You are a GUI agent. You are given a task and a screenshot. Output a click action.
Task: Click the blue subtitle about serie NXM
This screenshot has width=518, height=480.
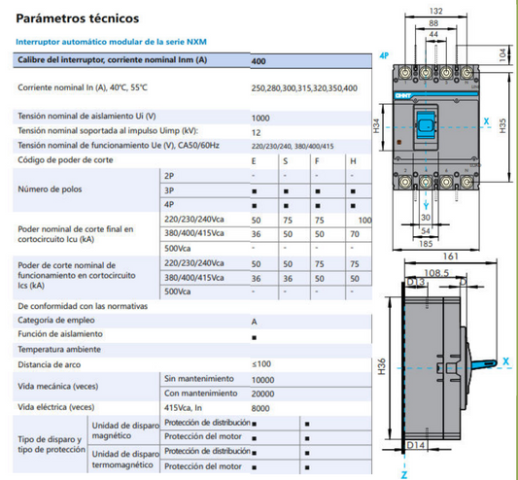(x=112, y=42)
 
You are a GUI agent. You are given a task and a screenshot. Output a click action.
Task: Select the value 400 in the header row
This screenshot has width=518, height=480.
(x=259, y=61)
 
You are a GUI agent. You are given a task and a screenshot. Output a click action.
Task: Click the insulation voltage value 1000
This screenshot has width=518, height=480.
(x=260, y=117)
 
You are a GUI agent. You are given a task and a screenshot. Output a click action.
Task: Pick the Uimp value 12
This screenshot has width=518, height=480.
(x=256, y=131)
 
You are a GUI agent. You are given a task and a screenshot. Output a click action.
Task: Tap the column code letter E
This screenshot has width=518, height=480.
(x=255, y=159)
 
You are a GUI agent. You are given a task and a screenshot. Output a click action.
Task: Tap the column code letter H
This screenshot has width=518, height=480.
(x=352, y=159)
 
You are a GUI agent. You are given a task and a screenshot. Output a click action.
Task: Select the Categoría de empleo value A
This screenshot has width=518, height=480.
(x=255, y=321)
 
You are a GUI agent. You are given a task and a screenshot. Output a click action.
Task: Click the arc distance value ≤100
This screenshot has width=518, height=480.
(x=261, y=363)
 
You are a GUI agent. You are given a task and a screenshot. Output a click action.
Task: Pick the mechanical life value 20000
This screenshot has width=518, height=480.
(x=263, y=393)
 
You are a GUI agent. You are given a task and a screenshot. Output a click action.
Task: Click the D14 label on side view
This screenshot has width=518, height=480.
(x=416, y=445)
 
